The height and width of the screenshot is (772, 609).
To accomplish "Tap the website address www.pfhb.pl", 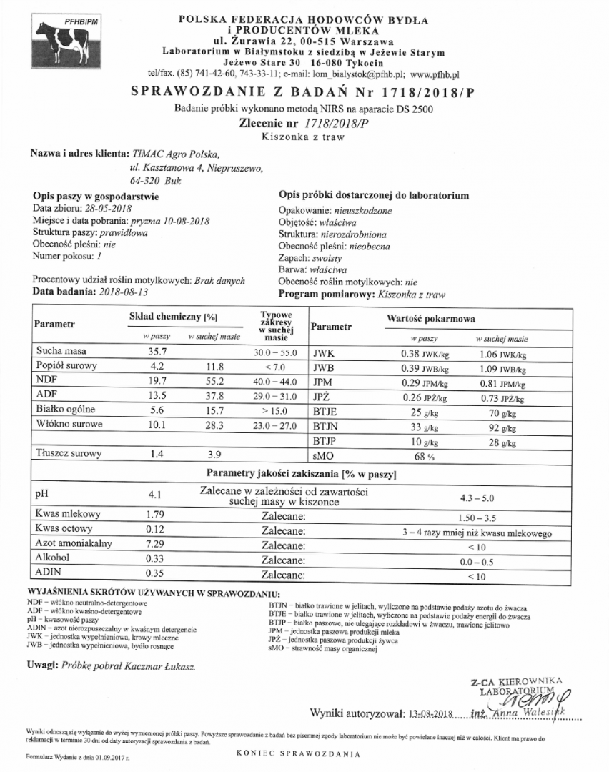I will (435, 74).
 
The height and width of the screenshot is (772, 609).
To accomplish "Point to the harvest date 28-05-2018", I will (112, 208).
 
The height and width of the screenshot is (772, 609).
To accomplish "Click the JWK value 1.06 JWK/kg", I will (501, 353).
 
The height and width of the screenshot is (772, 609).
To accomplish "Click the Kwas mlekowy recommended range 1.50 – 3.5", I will (478, 515).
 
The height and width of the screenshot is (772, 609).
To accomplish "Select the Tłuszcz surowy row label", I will (69, 453).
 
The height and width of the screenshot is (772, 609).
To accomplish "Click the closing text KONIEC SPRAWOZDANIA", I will (297, 753).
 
